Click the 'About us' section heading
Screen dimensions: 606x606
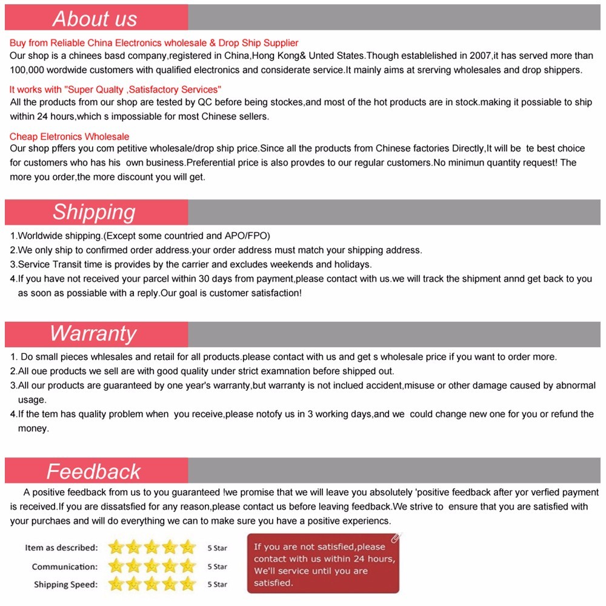point(95,18)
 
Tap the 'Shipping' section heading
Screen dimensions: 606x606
point(94,212)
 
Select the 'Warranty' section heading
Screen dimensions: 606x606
point(93,334)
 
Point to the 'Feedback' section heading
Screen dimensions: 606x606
point(93,471)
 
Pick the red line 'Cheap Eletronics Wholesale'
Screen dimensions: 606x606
point(69,136)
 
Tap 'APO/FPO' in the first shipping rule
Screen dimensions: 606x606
point(247,236)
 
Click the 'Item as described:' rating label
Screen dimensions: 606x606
point(61,548)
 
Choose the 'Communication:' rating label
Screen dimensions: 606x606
point(64,567)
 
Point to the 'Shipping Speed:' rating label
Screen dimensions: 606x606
point(65,585)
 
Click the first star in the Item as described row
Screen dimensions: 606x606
point(116,548)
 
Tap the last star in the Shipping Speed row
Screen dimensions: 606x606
point(188,584)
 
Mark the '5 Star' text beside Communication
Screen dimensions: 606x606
point(217,567)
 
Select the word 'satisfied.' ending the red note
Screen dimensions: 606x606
point(273,583)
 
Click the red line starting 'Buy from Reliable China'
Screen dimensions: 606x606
point(154,43)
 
